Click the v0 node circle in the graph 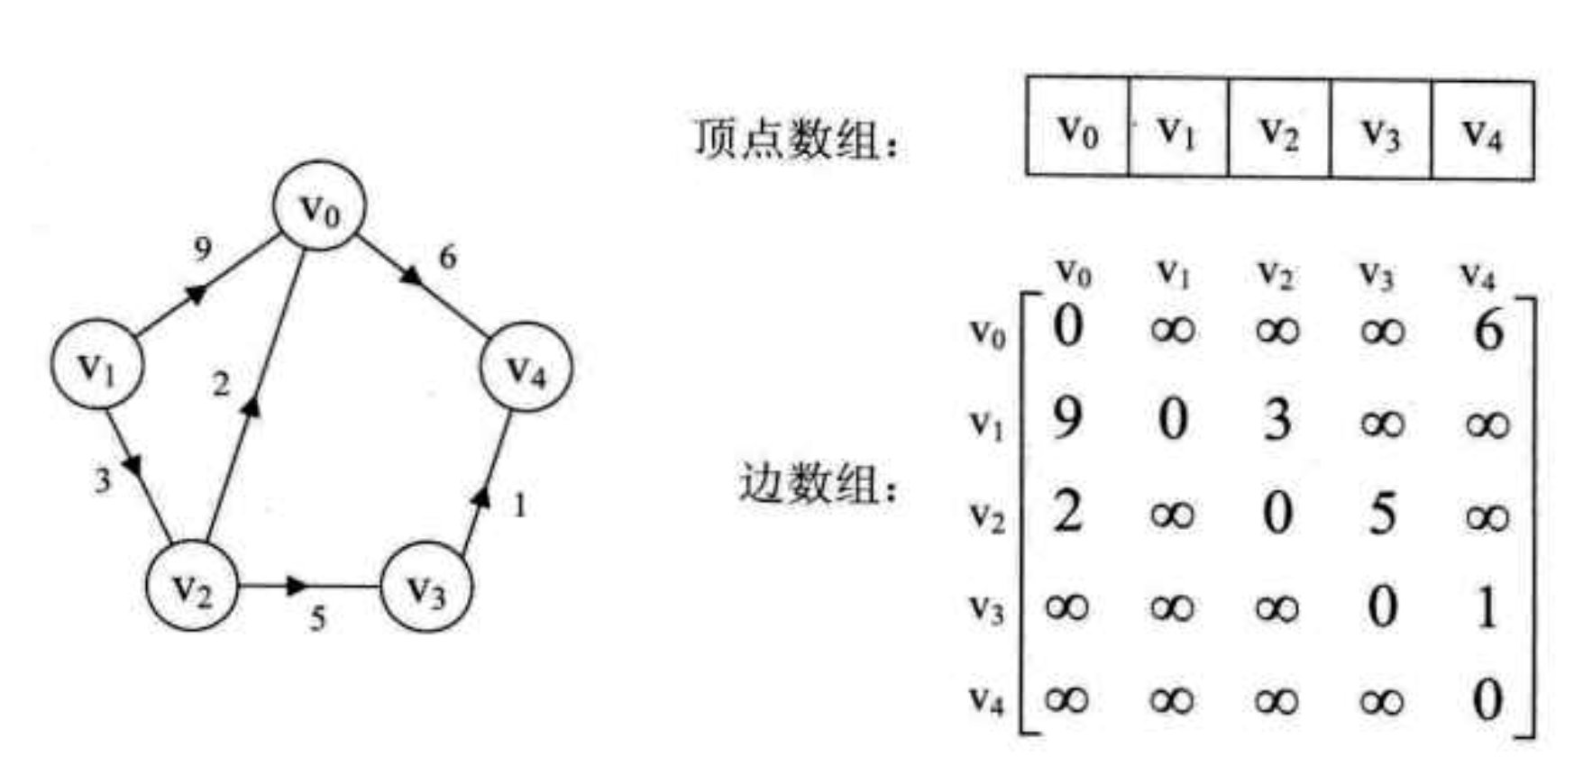pos(320,207)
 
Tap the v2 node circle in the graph pos(192,586)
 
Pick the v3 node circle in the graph pos(425,587)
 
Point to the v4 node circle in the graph pos(526,366)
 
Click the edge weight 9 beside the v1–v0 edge pos(203,249)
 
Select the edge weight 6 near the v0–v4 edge pos(447,257)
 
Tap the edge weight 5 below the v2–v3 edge pos(317,619)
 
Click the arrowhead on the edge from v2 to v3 pos(296,586)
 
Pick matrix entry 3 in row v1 pos(1276,420)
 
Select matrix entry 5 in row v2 pos(1381,514)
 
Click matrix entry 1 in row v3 pos(1487,607)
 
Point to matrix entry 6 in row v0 pos(1487,330)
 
